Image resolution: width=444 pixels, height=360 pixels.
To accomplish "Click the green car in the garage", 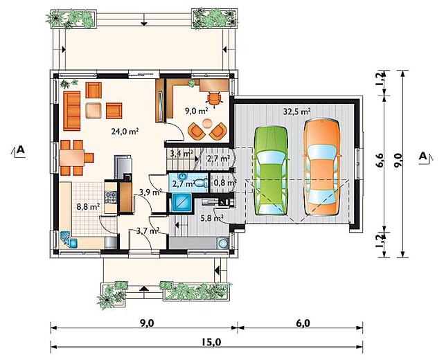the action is (272, 171).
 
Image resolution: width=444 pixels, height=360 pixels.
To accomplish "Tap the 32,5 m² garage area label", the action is (296, 111).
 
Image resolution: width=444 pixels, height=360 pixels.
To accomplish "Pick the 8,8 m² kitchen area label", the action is (88, 206).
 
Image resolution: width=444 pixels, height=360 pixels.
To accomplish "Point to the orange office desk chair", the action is (214, 99).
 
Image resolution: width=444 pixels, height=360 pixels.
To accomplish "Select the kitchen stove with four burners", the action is (110, 197).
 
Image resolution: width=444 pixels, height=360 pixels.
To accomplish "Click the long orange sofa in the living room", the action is (72, 111).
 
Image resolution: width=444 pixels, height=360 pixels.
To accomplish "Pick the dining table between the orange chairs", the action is (72, 158).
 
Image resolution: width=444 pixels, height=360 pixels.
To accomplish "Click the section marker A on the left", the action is (19, 150).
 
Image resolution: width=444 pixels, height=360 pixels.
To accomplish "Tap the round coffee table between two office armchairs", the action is (208, 123).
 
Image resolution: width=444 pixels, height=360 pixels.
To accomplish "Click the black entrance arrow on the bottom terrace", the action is (144, 289).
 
